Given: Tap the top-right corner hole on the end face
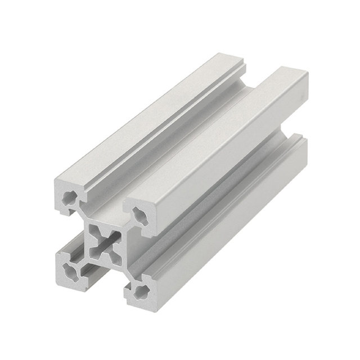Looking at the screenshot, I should (x=139, y=216).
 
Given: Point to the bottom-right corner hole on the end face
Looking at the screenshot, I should (x=137, y=291).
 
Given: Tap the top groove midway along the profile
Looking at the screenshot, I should (x=186, y=135).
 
